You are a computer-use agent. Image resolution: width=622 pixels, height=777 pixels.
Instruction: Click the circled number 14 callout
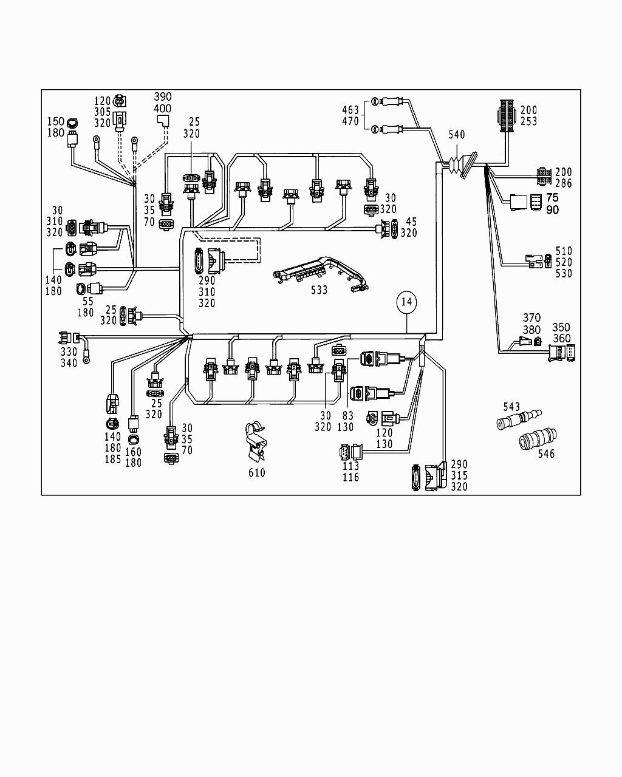pyautogui.click(x=407, y=302)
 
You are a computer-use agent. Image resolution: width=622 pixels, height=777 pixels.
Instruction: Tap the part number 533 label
pyautogui.click(x=319, y=290)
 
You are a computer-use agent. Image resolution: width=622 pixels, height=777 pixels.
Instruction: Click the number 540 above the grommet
pyautogui.click(x=457, y=135)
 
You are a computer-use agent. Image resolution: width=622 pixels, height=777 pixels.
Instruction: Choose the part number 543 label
pyautogui.click(x=512, y=406)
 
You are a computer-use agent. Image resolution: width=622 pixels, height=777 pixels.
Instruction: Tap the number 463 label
pyautogui.click(x=350, y=110)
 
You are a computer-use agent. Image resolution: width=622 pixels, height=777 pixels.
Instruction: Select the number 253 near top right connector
pyautogui.click(x=528, y=121)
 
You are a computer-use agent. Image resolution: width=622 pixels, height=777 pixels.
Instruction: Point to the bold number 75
pyautogui.click(x=552, y=198)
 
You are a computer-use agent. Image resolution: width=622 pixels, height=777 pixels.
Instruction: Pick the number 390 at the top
pyautogui.click(x=163, y=97)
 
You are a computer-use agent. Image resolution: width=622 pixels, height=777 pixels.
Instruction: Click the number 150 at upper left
pyautogui.click(x=56, y=121)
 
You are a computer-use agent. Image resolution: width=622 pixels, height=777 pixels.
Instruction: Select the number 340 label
pyautogui.click(x=69, y=363)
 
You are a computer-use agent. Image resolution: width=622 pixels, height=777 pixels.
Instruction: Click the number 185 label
pyautogui.click(x=113, y=460)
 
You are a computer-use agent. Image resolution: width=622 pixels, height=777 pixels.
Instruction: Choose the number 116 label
pyautogui.click(x=350, y=478)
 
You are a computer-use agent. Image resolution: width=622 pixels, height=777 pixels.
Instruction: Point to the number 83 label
pyautogui.click(x=347, y=415)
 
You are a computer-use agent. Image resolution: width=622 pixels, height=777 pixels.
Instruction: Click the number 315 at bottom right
pyautogui.click(x=459, y=475)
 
